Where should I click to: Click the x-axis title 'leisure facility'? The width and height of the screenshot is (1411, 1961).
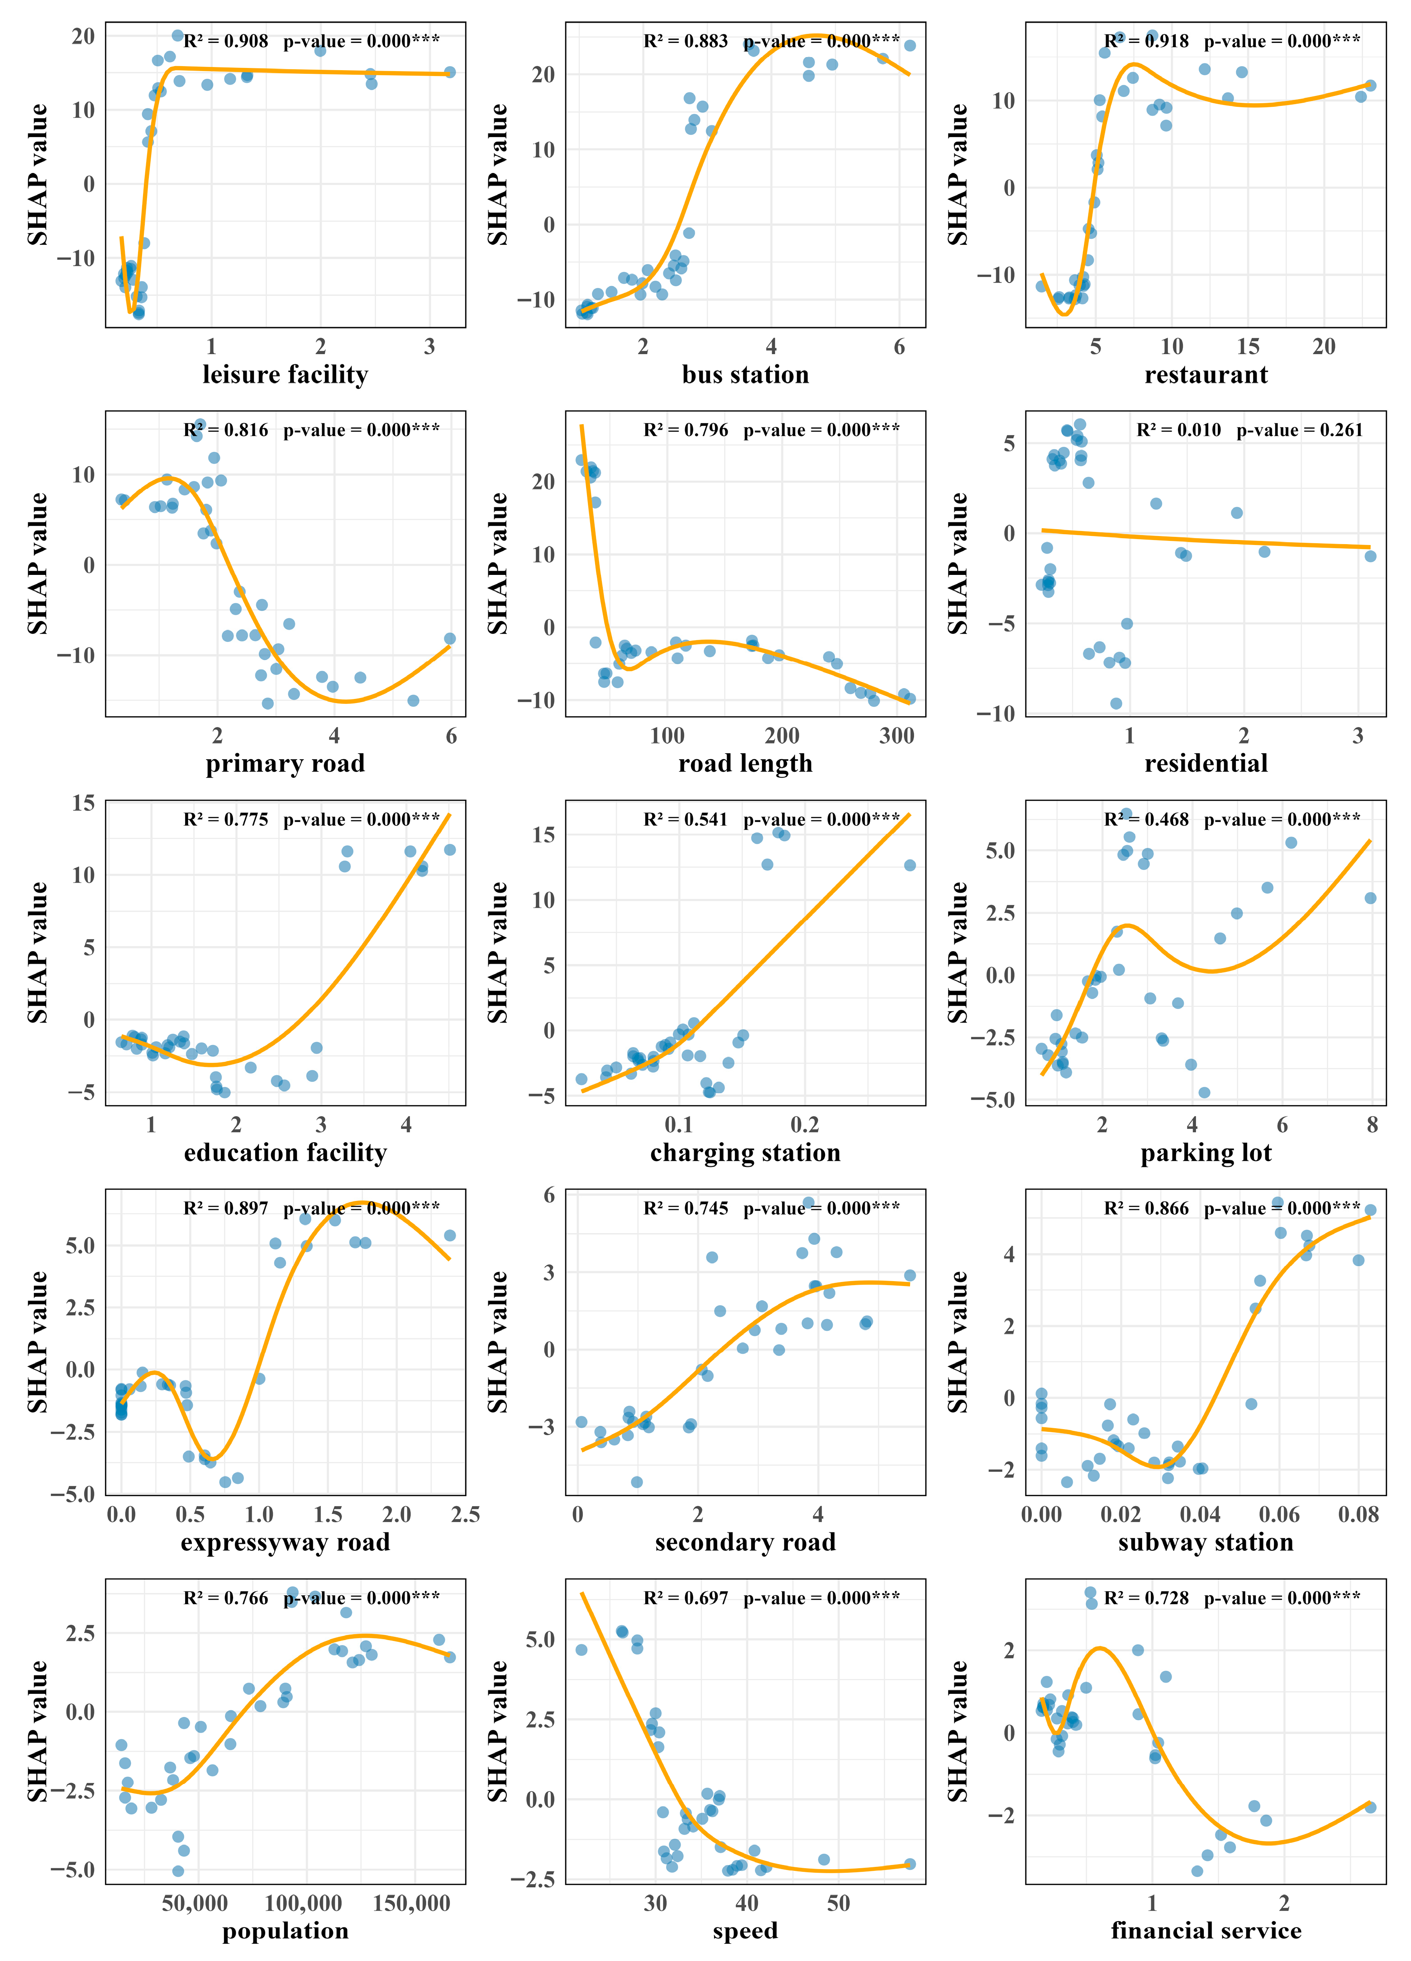[x=285, y=374]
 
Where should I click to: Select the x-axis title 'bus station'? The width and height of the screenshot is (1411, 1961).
[x=745, y=374]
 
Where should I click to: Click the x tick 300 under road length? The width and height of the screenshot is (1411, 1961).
[x=896, y=736]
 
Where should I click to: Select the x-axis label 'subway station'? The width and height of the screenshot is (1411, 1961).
[x=1205, y=1542]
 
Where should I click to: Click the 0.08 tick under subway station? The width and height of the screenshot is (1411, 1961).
[x=1358, y=1514]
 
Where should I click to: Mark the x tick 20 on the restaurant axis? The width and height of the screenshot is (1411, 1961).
[x=1324, y=347]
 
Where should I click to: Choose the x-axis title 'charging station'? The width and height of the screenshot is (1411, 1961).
[x=745, y=1153]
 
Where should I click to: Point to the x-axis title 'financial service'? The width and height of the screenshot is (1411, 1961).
[x=1205, y=1931]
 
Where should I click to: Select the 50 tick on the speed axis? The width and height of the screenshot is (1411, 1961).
[x=838, y=1903]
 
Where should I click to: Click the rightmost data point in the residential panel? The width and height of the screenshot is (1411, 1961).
[x=1370, y=556]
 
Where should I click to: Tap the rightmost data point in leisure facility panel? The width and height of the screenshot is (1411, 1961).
[x=449, y=72]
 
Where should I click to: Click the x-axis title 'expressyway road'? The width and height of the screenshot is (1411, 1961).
[x=285, y=1542]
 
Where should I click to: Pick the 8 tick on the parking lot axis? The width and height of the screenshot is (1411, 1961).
[x=1372, y=1125]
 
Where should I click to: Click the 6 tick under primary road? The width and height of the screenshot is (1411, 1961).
[x=451, y=736]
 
